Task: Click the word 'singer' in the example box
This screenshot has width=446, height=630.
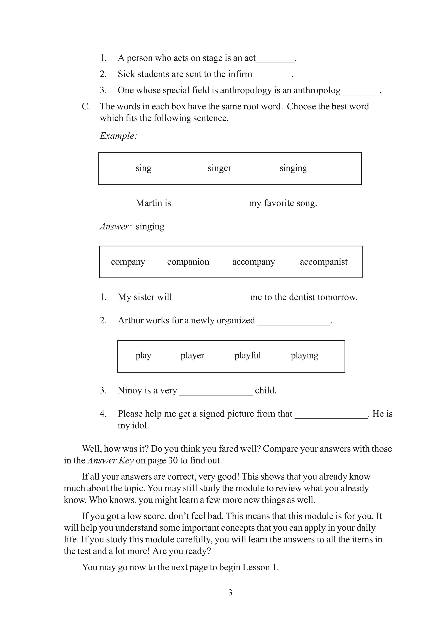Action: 219,168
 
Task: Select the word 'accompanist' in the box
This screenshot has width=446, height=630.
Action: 323,262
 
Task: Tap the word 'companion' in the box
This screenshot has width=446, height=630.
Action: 188,262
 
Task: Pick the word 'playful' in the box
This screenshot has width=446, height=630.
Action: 247,355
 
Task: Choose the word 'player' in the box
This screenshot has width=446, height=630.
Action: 192,355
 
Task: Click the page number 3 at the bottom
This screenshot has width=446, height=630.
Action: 230,592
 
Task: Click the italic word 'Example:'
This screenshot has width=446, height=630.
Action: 118,136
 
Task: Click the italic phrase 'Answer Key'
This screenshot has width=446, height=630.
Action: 110,460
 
